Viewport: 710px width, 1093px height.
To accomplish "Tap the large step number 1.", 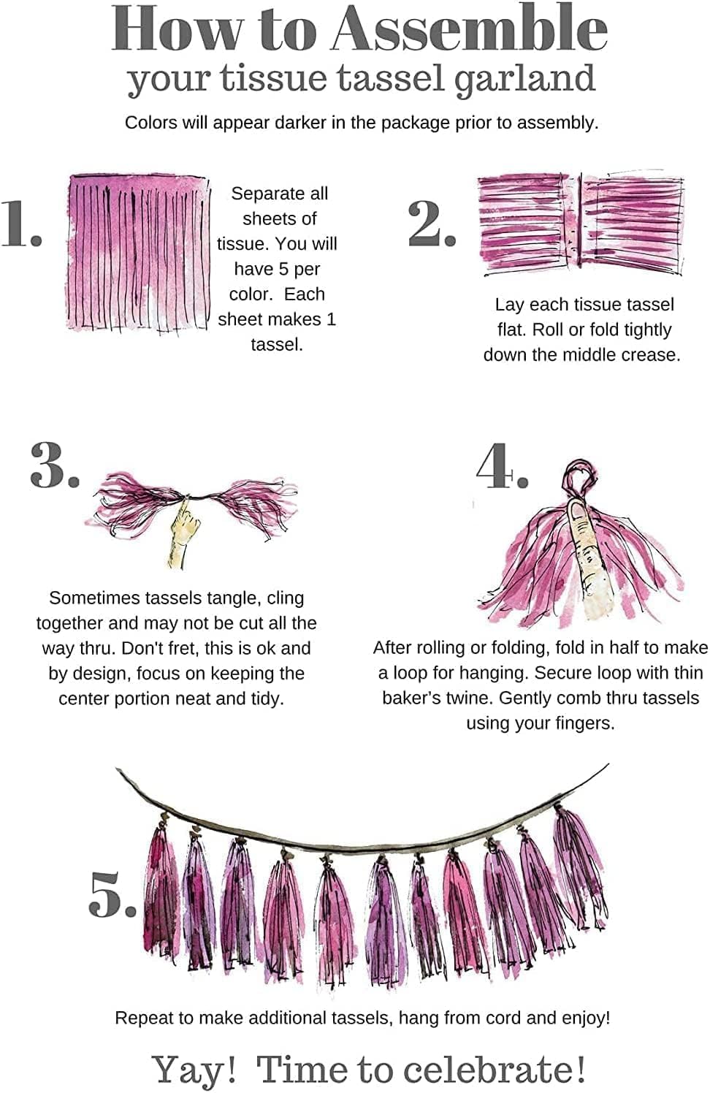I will (20, 223).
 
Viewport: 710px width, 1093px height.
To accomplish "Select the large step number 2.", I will (431, 223).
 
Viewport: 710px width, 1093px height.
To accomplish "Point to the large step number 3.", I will (54, 465).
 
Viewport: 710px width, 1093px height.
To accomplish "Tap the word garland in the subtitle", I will (524, 79).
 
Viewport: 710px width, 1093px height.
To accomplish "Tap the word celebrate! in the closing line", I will (495, 1070).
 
